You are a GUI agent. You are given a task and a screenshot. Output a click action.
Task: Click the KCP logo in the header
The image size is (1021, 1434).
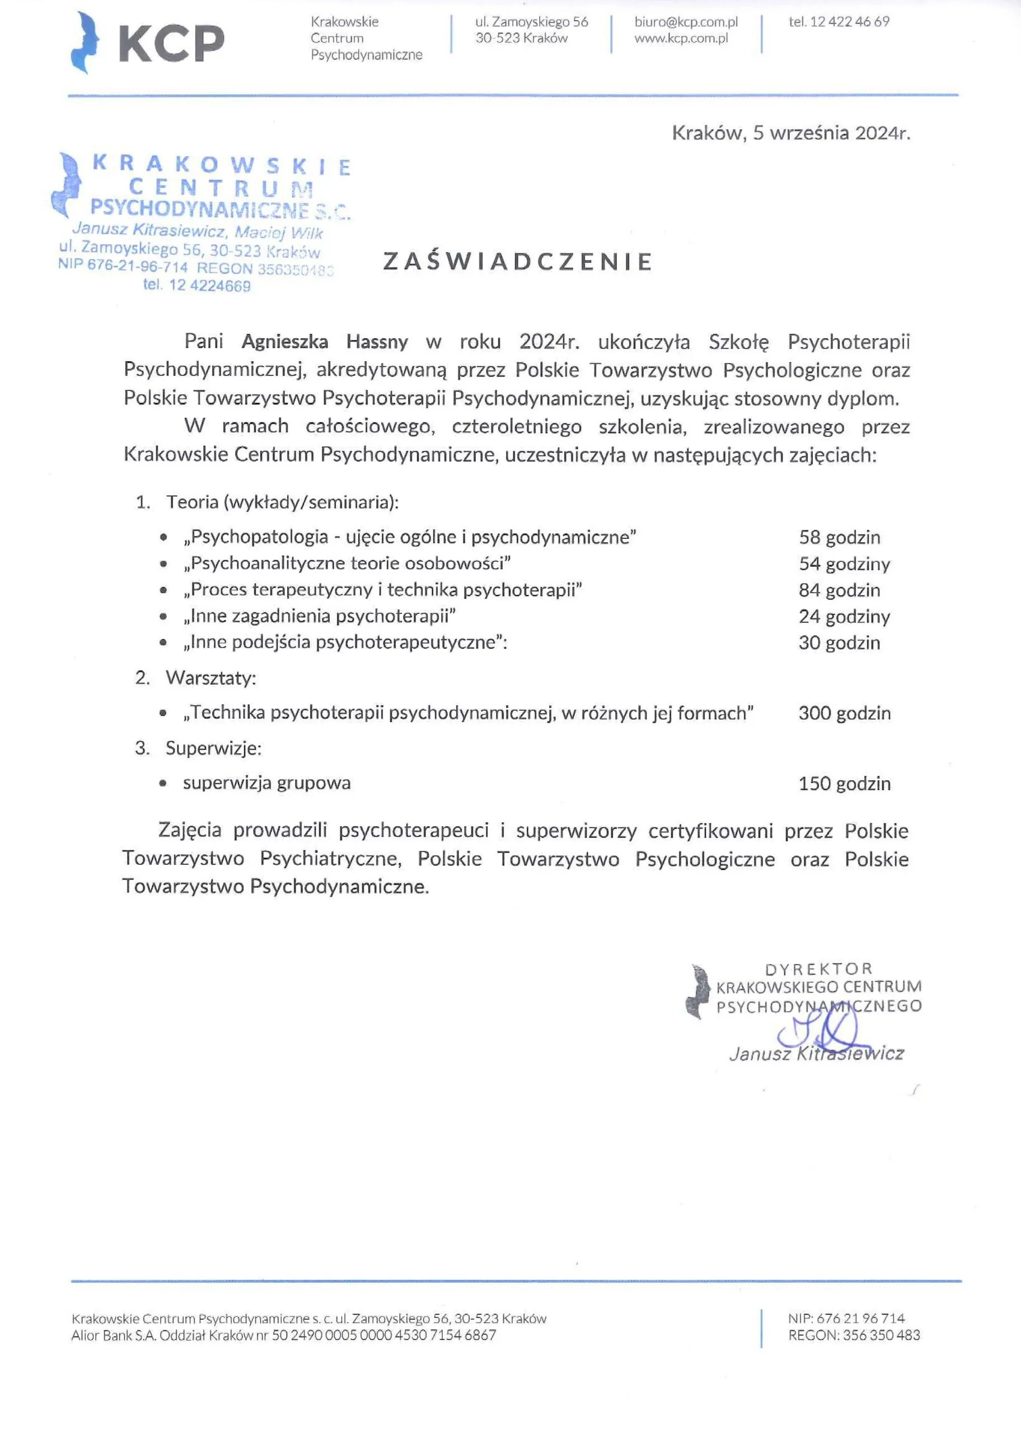(148, 43)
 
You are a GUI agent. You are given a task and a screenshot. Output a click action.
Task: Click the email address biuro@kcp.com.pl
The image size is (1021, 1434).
(686, 22)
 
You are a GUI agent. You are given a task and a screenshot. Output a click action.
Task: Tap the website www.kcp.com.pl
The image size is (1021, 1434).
(681, 38)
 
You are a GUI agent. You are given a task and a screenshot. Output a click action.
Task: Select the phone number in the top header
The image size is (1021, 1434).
(839, 22)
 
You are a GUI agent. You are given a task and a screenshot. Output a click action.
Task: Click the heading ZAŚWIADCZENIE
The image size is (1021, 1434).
(518, 262)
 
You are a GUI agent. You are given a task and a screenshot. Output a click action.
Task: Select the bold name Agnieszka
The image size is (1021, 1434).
(285, 342)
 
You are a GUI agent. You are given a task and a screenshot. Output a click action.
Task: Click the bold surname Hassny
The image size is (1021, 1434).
(377, 342)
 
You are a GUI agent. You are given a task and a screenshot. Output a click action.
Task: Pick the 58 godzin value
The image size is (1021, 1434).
(839, 538)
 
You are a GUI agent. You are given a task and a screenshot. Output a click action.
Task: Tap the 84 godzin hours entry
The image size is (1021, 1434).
(839, 590)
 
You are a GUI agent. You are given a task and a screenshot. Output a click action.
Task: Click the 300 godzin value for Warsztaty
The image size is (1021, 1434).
(844, 713)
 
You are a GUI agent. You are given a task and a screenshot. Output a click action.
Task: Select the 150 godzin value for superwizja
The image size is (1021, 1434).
(844, 784)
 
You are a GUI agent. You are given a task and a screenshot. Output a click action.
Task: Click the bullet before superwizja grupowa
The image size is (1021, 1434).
(163, 784)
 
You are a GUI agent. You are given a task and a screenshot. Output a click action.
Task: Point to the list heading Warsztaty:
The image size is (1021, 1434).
(210, 678)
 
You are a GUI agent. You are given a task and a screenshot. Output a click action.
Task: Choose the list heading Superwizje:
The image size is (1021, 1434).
(213, 748)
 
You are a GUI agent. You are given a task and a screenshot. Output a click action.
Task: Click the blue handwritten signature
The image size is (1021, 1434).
(817, 1031)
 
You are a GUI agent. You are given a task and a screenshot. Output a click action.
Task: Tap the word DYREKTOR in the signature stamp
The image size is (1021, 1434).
(818, 969)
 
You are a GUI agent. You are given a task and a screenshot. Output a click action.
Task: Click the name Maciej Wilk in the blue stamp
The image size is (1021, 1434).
(279, 232)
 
